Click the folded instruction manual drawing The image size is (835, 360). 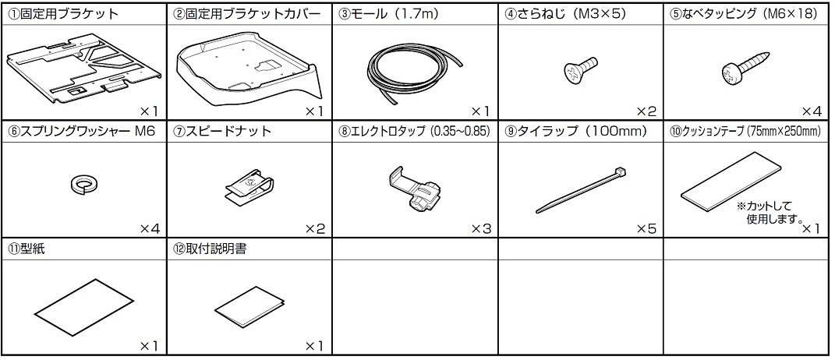tap(246, 307)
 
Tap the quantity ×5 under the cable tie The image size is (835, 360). tap(646, 229)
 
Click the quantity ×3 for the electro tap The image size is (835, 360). tap(481, 229)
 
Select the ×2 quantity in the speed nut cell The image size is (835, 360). tap(315, 229)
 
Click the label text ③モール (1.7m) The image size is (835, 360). tap(388, 14)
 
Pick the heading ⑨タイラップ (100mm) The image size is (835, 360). tap(575, 132)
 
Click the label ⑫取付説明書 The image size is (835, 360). tap(210, 249)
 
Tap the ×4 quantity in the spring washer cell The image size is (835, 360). tap(150, 229)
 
